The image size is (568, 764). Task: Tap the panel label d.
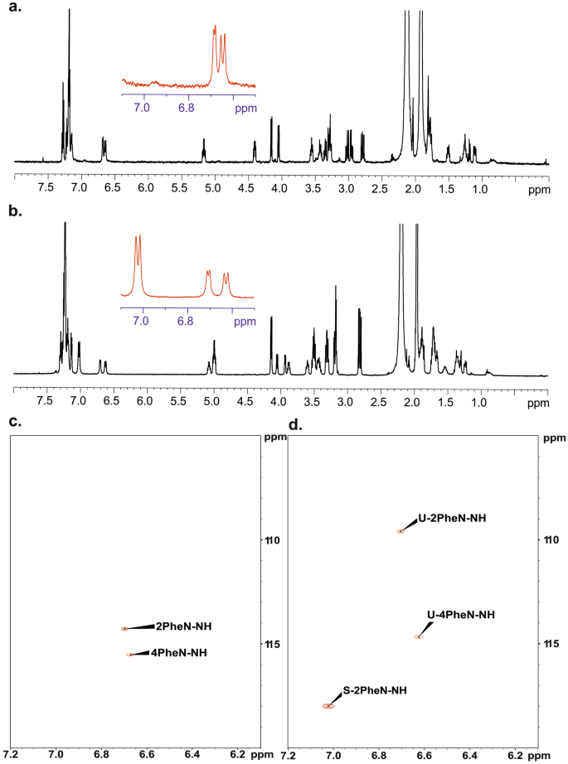(294, 424)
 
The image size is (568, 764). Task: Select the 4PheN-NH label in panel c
(178, 652)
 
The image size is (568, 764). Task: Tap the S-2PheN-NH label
(375, 689)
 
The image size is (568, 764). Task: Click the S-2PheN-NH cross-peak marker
(328, 706)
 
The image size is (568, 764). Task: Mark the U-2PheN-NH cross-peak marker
(401, 531)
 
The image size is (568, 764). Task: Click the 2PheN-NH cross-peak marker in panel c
(124, 629)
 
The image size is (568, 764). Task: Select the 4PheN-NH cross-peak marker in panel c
(129, 655)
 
